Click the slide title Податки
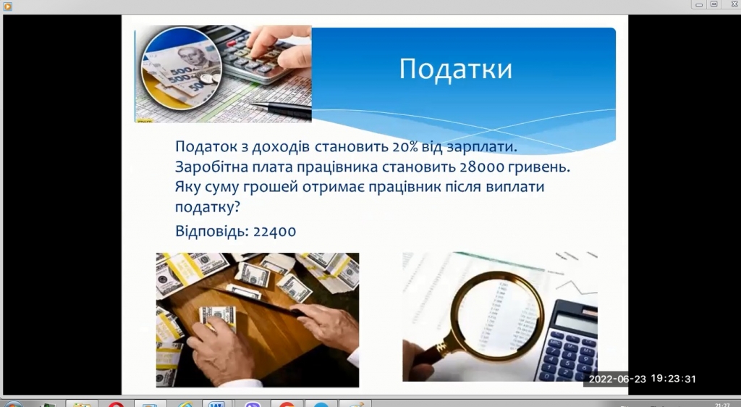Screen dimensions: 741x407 pyautogui.click(x=456, y=69)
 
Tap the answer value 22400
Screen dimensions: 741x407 pyautogui.click(x=274, y=231)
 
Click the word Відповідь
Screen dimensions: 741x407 pyautogui.click(x=212, y=231)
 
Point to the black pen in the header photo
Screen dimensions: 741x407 pyautogui.click(x=281, y=109)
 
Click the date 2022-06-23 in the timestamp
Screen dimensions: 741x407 pyautogui.click(x=617, y=379)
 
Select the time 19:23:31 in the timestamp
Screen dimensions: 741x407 pyautogui.click(x=674, y=379)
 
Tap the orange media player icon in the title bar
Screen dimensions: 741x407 pyautogui.click(x=7, y=6)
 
